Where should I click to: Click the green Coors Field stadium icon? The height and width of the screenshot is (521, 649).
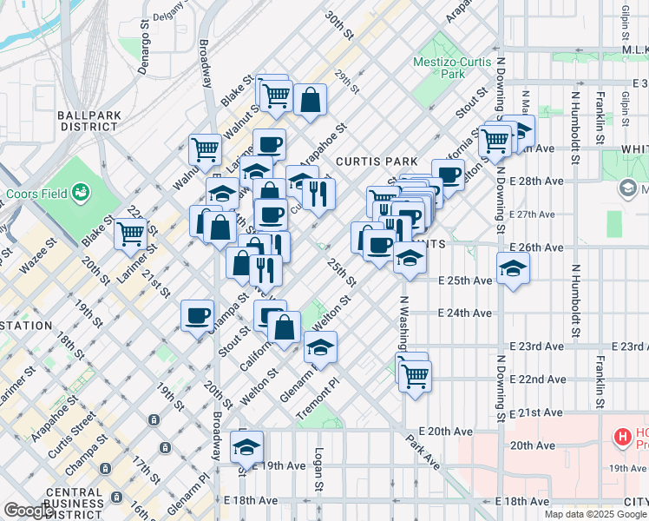click(x=81, y=190)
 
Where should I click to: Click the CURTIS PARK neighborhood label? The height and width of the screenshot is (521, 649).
click(x=377, y=162)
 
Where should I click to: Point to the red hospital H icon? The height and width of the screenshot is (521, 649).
click(x=621, y=439)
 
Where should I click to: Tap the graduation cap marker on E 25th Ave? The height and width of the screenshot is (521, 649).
click(x=514, y=267)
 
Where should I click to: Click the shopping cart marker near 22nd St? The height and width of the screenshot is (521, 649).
click(x=130, y=232)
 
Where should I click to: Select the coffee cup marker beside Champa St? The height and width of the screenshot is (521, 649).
click(x=198, y=315)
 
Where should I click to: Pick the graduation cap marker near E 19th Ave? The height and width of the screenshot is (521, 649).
click(x=246, y=447)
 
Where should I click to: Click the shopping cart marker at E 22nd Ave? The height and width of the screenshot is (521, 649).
click(x=415, y=375)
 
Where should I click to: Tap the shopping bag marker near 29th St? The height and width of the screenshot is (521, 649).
click(x=310, y=100)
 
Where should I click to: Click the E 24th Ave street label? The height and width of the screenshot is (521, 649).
click(x=465, y=313)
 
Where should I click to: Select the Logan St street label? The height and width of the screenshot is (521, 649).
click(x=319, y=468)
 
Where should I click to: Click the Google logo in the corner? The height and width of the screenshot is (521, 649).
click(x=28, y=511)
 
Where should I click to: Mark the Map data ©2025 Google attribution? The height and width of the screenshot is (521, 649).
click(x=594, y=514)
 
